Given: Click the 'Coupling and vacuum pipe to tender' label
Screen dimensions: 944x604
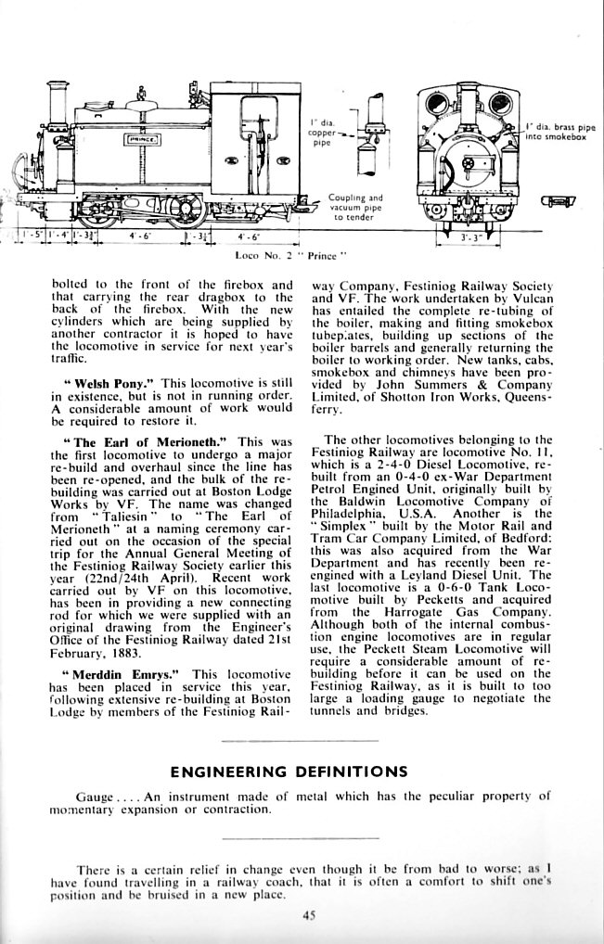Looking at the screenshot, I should tap(355, 207).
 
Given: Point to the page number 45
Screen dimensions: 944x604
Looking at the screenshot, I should tap(310, 915).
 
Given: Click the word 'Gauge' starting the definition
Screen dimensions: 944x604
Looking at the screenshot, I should tap(95, 796).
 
